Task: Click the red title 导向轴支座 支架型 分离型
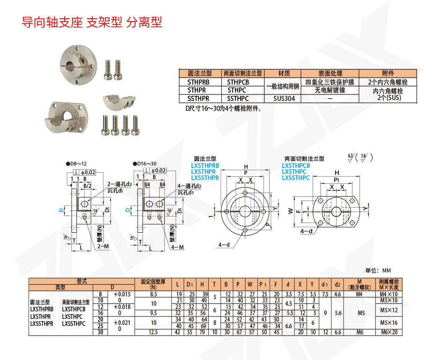coord(92,22)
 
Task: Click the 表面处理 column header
coord(329,73)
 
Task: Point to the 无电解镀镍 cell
coord(329,90)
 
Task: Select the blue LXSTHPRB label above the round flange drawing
coord(205,166)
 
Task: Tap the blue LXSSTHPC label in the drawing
coord(296,178)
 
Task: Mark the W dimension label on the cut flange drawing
coord(290,211)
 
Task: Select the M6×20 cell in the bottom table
coord(388,332)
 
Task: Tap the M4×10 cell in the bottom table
coord(388,294)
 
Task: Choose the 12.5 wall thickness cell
coord(153,332)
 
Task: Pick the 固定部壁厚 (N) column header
coord(153,283)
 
